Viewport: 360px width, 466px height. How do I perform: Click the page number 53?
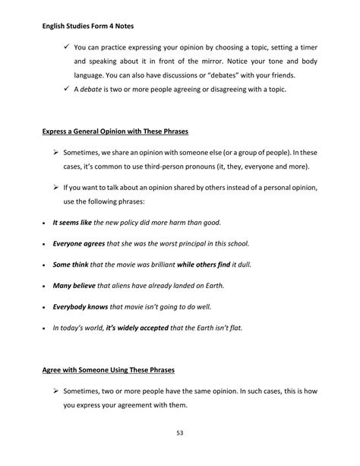tap(180, 433)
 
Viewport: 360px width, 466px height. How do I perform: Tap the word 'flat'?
tap(246, 330)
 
